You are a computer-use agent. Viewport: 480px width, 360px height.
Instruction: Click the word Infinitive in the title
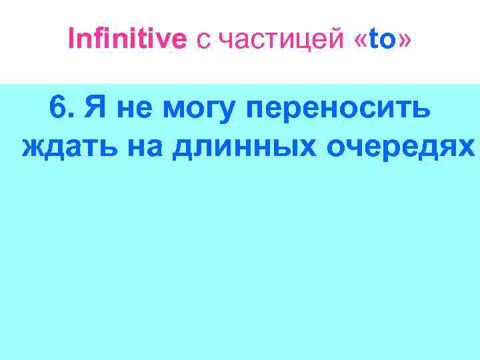[x=127, y=41]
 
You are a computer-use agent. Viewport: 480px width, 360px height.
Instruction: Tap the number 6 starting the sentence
[x=57, y=107]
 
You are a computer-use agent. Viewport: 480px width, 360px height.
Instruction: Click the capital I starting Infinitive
[x=71, y=41]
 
